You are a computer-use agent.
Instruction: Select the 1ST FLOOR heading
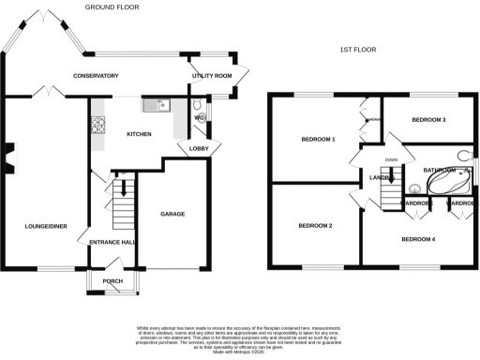click(357, 49)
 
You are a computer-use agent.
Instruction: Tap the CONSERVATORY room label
click(97, 76)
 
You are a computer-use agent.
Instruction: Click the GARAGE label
click(172, 214)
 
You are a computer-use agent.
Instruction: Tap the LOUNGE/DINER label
click(43, 226)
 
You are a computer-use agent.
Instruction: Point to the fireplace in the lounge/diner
click(7, 157)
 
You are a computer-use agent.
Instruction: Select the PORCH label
click(112, 279)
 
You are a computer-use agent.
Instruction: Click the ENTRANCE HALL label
click(112, 243)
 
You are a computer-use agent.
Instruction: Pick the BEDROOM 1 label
click(318, 139)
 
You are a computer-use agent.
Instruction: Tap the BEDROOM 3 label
click(428, 120)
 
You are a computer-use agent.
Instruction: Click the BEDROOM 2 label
click(316, 226)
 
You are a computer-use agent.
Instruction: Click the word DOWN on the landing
click(390, 159)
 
